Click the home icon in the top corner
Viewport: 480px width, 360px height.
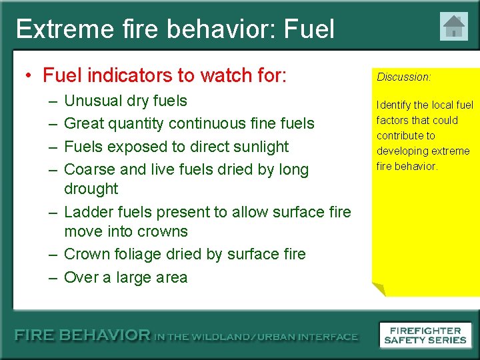(454, 27)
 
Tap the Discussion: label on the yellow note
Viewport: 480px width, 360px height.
(404, 77)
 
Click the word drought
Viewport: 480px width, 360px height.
(91, 189)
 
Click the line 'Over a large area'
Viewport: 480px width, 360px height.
(125, 277)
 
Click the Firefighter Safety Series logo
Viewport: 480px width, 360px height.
(425, 335)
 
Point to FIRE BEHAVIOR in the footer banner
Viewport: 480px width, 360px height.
(83, 336)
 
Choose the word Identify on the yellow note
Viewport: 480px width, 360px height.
(394, 105)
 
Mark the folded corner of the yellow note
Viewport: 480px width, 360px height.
(378, 289)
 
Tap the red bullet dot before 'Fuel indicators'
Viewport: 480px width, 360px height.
(31, 76)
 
